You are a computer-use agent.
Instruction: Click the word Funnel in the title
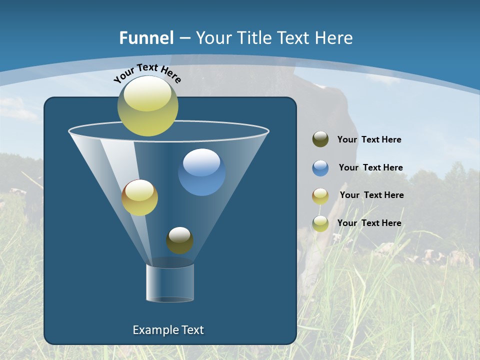coord(146,38)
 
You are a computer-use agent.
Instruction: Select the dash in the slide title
coord(184,38)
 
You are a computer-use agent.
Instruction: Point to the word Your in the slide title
coord(212,38)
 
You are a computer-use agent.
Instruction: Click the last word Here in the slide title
coord(335,38)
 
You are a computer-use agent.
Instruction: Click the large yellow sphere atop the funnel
coord(148,106)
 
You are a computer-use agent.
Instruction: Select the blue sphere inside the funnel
coord(201,172)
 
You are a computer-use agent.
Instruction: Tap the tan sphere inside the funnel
coord(139,197)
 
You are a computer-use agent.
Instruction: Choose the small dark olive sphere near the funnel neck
coord(179,240)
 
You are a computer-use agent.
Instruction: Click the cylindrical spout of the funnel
coord(170,283)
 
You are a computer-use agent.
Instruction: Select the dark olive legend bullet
coord(320,139)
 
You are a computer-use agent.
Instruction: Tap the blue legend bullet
coord(320,168)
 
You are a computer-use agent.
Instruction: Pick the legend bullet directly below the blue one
coord(320,195)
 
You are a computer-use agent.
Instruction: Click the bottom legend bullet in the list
coord(320,223)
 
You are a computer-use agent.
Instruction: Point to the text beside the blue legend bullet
coord(370,167)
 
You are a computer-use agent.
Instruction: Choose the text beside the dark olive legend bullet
coord(369,139)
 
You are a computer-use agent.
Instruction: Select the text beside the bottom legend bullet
coord(369,223)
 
